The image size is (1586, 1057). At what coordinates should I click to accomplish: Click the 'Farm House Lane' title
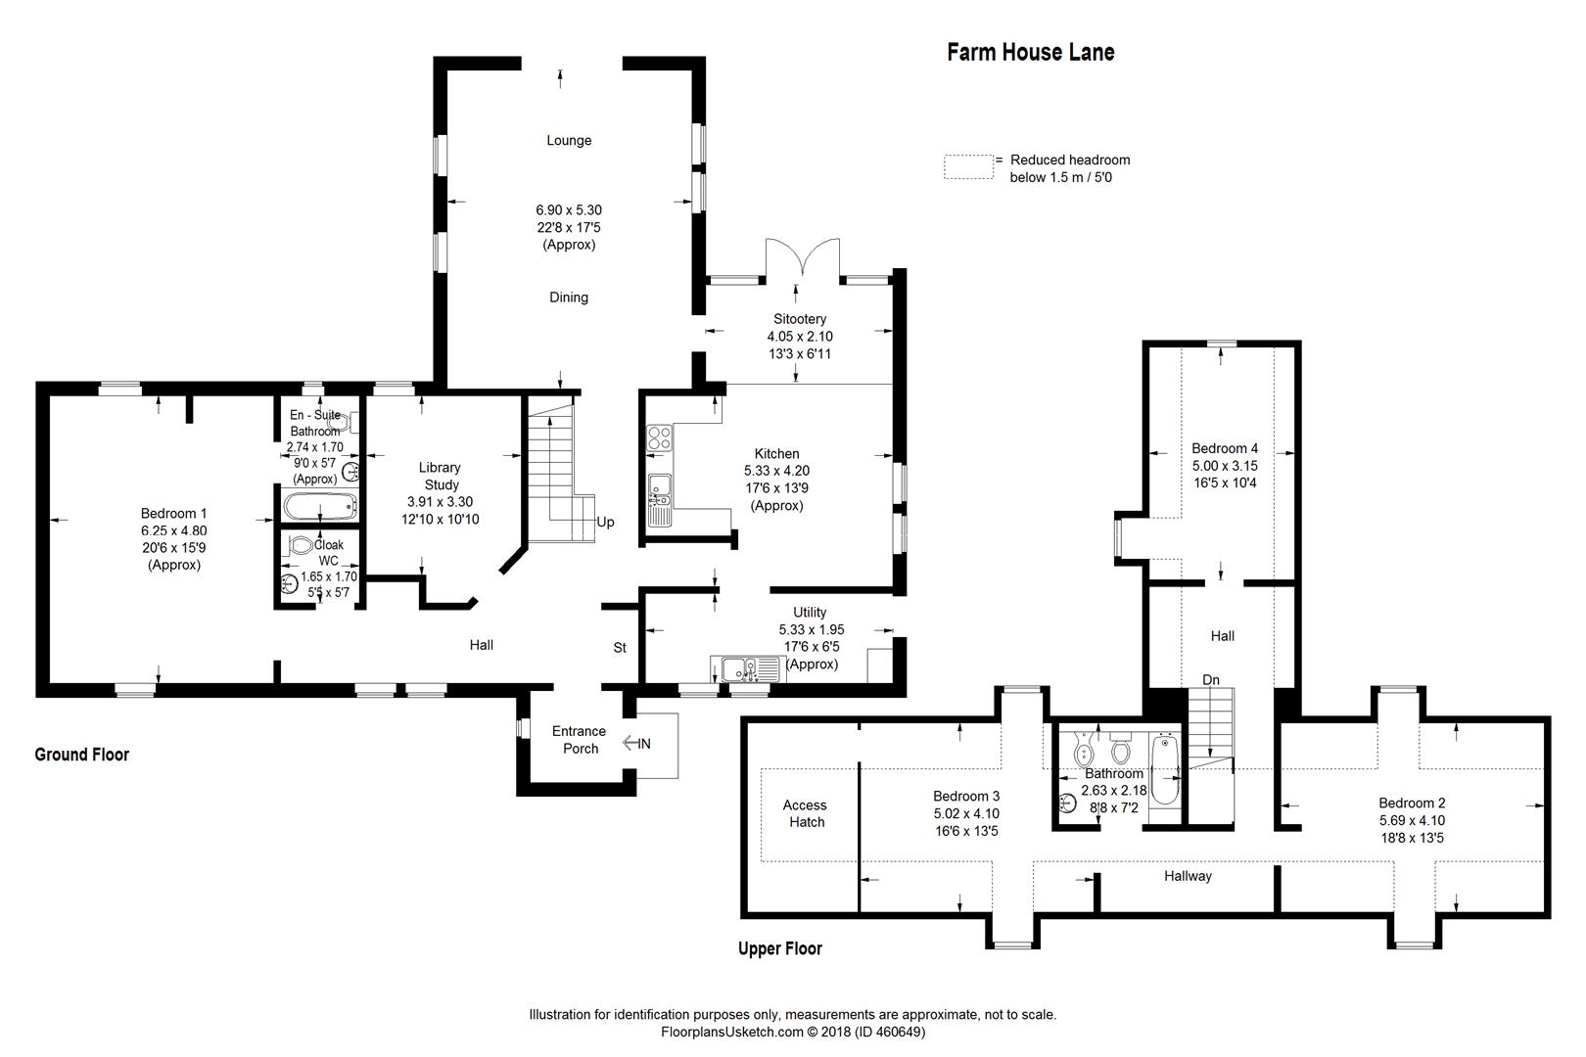point(1030,52)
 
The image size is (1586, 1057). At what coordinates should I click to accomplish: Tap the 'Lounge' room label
point(569,140)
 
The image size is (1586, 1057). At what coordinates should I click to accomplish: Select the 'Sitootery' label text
point(800,319)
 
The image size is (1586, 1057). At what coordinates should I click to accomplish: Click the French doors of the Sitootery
point(802,259)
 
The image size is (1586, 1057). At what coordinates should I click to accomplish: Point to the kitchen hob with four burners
point(659,437)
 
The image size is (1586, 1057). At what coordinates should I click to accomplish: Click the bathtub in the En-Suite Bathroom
point(319,506)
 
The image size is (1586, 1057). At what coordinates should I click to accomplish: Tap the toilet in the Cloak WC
point(301,545)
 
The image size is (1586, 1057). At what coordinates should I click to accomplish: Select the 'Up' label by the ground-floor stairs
point(605,522)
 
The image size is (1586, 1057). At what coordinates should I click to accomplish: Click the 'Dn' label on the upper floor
point(1211,679)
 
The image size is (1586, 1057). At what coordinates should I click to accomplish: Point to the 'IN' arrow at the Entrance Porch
point(635,744)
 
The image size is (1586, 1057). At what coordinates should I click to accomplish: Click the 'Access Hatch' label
point(806,813)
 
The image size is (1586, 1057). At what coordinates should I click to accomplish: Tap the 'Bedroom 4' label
point(1224,448)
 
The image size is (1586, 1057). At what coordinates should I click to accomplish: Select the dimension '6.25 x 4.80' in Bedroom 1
point(173,530)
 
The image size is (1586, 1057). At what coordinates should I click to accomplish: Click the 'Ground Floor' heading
point(82,754)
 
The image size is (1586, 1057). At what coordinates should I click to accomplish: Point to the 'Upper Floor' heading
point(779,948)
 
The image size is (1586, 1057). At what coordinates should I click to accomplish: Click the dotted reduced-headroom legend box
point(968,167)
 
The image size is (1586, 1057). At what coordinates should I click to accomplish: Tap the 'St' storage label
point(620,647)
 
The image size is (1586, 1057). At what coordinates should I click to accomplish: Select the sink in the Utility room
point(740,667)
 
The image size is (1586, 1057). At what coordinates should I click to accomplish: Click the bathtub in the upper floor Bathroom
point(1165,770)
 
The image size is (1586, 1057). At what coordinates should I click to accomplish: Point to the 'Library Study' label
point(440,476)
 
